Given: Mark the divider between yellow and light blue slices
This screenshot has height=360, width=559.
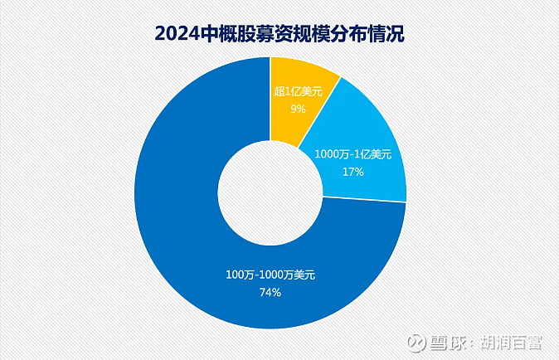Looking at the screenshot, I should (319, 109).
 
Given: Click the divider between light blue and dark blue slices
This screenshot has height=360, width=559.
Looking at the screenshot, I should (365, 199).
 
